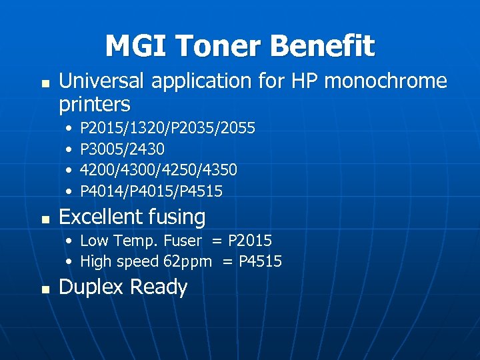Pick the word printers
click(x=95, y=105)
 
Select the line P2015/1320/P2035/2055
click(x=167, y=127)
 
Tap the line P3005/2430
click(x=122, y=149)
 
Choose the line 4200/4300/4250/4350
click(x=159, y=170)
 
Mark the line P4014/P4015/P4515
click(x=151, y=191)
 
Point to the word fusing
click(x=178, y=217)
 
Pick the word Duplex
click(x=90, y=287)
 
